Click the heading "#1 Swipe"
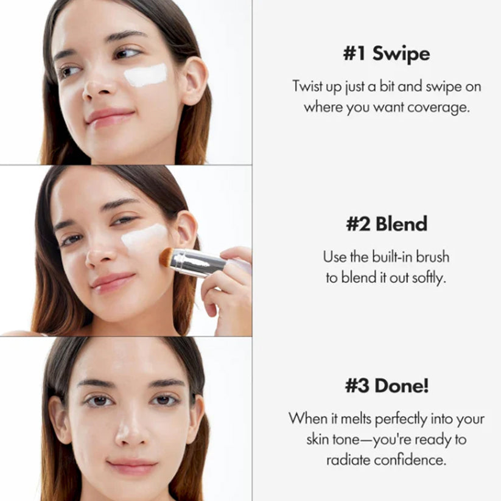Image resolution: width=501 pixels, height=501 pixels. pyautogui.click(x=387, y=54)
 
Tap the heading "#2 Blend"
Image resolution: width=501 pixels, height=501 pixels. pyautogui.click(x=387, y=223)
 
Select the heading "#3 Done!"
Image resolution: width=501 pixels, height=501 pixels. pyautogui.click(x=387, y=385)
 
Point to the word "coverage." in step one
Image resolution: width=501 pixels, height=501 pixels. pyautogui.click(x=438, y=108)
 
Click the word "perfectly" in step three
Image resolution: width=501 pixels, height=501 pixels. pyautogui.click(x=401, y=419)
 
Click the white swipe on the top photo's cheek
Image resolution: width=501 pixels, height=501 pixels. pyautogui.click(x=145, y=75)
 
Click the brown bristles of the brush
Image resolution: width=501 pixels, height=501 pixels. pyautogui.click(x=166, y=258)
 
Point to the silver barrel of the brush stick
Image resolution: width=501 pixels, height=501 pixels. pyautogui.click(x=198, y=262)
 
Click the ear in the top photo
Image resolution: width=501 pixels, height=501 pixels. pyautogui.click(x=195, y=82)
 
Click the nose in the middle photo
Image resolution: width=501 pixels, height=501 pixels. pyautogui.click(x=100, y=254)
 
